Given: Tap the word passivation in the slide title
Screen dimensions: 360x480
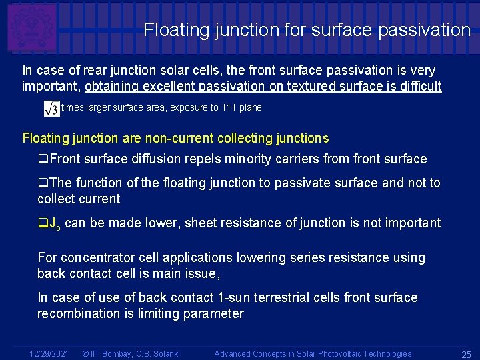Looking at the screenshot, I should [431, 30].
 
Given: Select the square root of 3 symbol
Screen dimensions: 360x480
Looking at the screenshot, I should [51, 108].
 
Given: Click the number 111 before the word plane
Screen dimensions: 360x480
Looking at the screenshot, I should [231, 107].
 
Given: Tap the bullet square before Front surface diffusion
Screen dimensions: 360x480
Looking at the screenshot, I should [43, 159].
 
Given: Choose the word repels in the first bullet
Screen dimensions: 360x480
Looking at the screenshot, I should [226, 159].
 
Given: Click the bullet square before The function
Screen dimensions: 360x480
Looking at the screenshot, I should [43, 183].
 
